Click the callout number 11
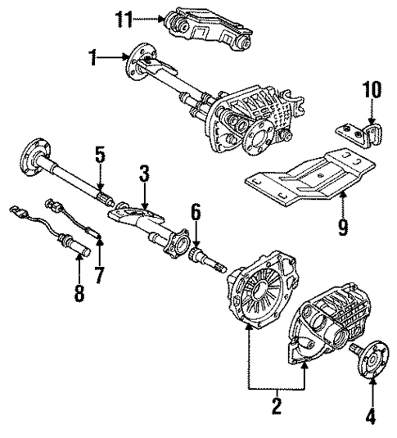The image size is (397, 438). pyautogui.click(x=122, y=16)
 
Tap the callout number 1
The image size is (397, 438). pyautogui.click(x=95, y=57)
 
